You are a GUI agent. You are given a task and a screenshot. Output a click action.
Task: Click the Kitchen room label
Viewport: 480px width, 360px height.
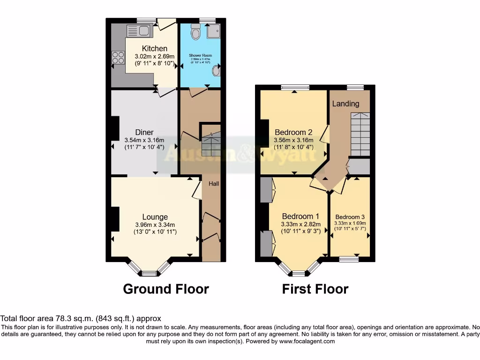click(x=155, y=48)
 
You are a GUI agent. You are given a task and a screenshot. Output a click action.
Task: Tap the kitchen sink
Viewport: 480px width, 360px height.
click(x=138, y=31)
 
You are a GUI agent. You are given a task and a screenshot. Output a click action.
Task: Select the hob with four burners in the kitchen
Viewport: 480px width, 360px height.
click(x=118, y=58)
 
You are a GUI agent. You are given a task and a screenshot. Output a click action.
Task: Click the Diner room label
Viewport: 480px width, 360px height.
click(x=144, y=132)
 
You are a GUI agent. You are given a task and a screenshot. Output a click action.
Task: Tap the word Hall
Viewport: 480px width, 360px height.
click(x=214, y=184)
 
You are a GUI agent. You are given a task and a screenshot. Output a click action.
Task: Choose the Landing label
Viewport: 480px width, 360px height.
click(x=345, y=104)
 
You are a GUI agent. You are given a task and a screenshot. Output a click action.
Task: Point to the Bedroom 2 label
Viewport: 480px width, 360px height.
click(x=293, y=132)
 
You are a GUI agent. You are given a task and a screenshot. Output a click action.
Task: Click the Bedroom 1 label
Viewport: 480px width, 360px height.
click(x=300, y=216)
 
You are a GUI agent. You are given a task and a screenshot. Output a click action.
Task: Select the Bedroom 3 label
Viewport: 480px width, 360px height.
click(x=350, y=217)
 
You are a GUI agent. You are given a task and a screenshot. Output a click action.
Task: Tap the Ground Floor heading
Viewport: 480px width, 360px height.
click(x=166, y=289)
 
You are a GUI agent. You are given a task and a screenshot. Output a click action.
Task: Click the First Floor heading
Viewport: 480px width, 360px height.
click(x=315, y=289)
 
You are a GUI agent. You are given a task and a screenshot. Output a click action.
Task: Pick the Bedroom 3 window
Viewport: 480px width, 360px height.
click(x=349, y=259)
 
